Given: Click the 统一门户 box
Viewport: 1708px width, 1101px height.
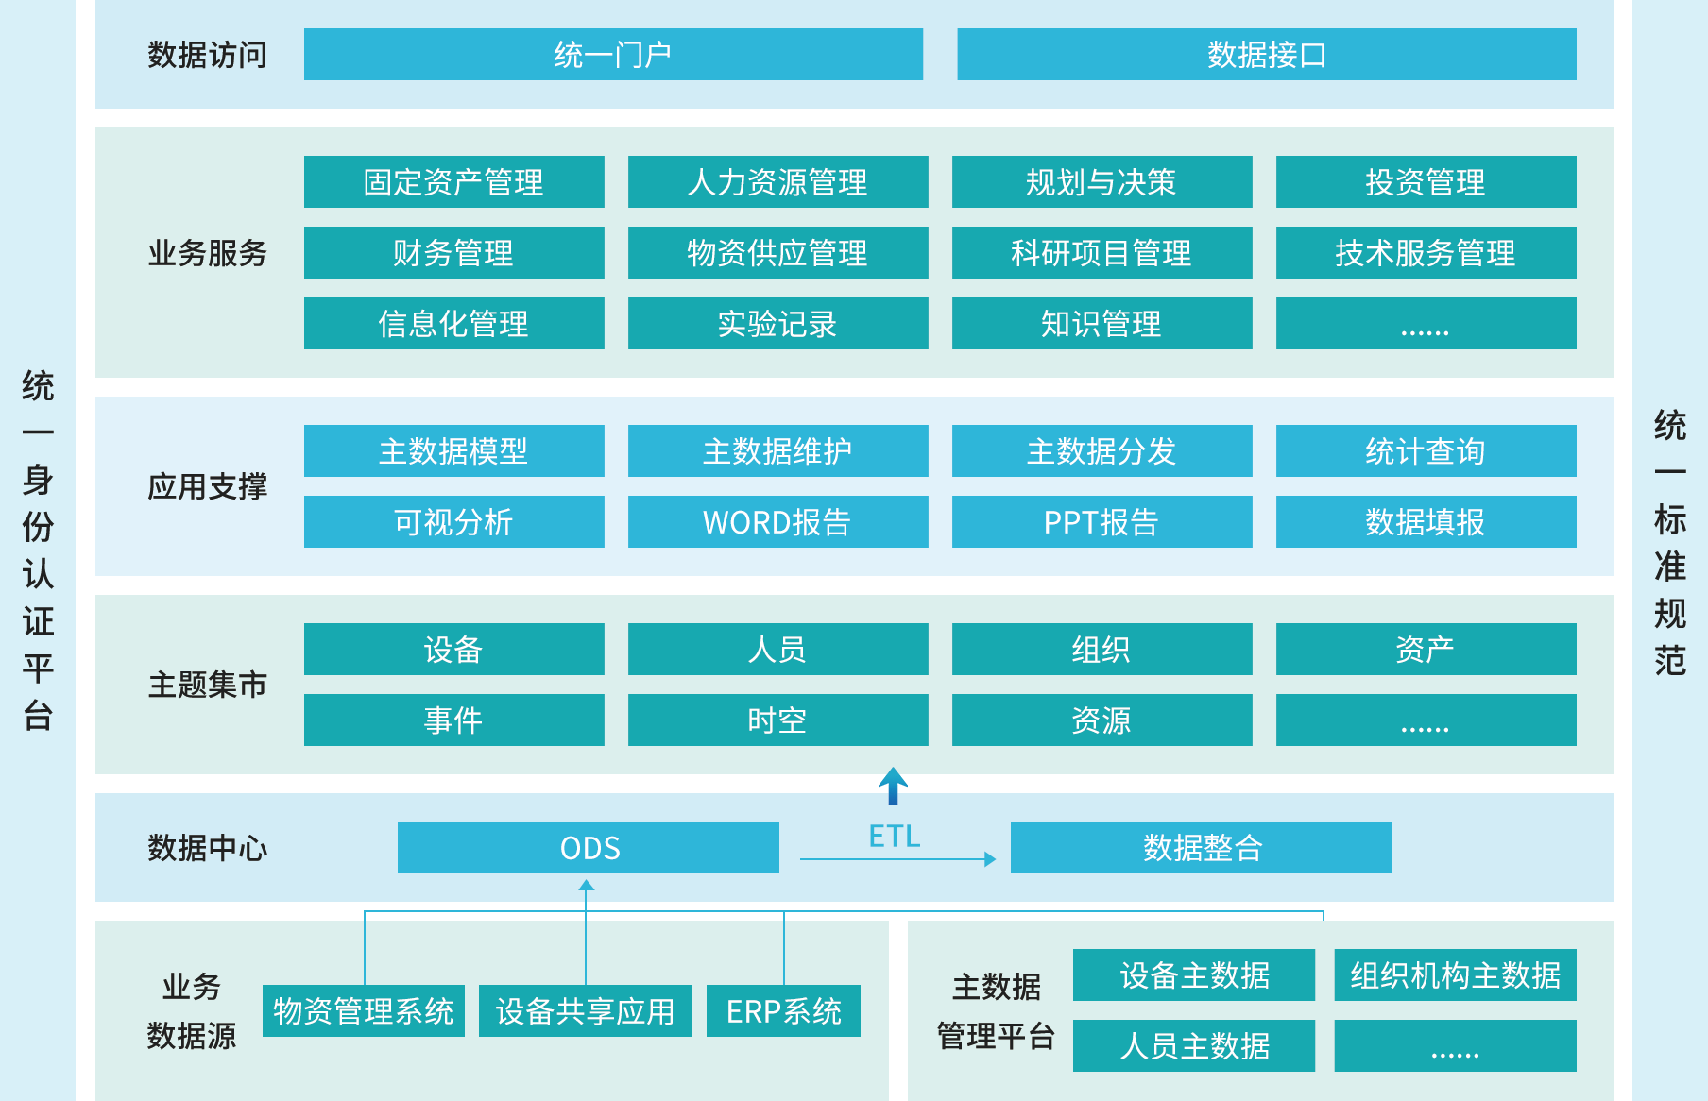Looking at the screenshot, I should pos(613,55).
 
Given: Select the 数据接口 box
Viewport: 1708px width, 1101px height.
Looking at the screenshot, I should pos(1266,55).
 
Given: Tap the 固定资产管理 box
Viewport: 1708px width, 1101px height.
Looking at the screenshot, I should pos(453,182).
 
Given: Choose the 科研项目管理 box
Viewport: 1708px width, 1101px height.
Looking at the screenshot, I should pos(1102,253).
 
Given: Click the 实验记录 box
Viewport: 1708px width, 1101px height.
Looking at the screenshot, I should pos(777,324).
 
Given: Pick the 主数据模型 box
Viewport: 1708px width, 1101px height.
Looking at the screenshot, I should pos(453,451).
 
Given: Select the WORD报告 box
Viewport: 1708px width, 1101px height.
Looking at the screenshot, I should pos(777,522).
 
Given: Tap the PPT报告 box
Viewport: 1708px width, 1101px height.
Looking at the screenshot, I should pos(1102,522).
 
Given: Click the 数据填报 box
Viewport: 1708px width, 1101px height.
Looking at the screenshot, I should pos(1426,522).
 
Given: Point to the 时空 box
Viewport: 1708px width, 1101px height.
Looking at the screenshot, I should pos(777,720).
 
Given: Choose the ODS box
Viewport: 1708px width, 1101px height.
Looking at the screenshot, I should pos(588,848).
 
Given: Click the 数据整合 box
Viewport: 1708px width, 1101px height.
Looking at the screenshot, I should pos(1201,848).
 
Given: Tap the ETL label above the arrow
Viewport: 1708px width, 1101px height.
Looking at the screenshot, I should pos(894,837).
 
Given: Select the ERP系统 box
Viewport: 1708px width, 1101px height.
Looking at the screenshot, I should pos(783,1011).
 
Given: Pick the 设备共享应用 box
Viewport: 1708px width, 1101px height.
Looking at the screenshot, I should pos(585,1011).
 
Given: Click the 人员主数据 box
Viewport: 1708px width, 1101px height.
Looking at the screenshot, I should pos(1193,1046).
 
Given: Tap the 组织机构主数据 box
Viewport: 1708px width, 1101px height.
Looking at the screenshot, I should pos(1455,975).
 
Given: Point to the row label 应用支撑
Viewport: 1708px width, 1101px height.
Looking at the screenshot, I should pos(207,487).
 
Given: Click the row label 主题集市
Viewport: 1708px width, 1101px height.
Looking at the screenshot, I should pos(207,686).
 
